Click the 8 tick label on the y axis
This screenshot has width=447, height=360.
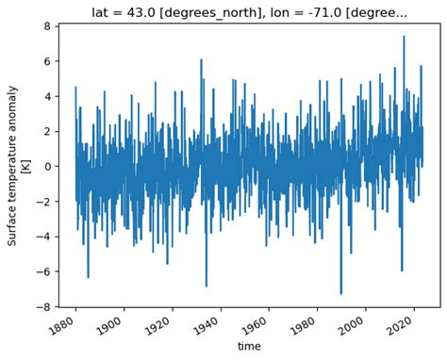[47, 26]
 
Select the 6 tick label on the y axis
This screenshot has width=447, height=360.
[47, 61]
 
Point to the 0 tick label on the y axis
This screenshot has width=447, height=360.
[47, 166]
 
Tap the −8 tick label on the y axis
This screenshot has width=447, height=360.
[43, 306]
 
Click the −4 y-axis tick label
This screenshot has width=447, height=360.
[43, 237]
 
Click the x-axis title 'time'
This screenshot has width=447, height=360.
[249, 346]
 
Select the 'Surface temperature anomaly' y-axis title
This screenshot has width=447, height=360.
[12, 166]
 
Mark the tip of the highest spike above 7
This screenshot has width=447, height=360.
[404, 36]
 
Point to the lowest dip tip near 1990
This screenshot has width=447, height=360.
[341, 294]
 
